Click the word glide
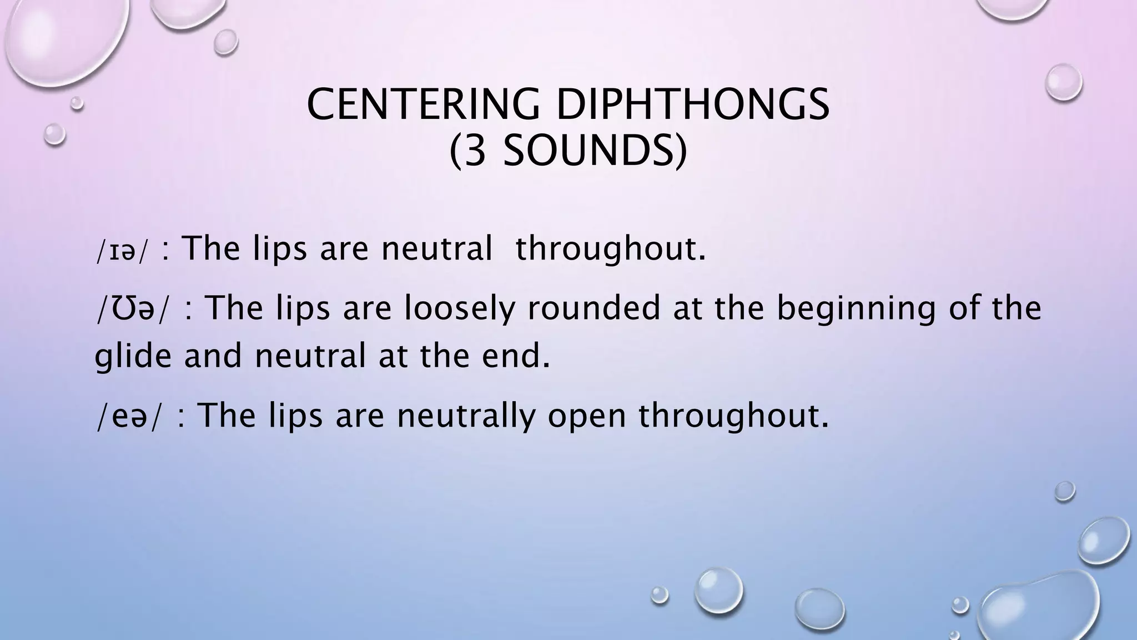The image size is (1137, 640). (x=133, y=356)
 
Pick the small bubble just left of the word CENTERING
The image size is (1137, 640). (x=54, y=134)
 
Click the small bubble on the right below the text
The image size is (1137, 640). (x=1064, y=491)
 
